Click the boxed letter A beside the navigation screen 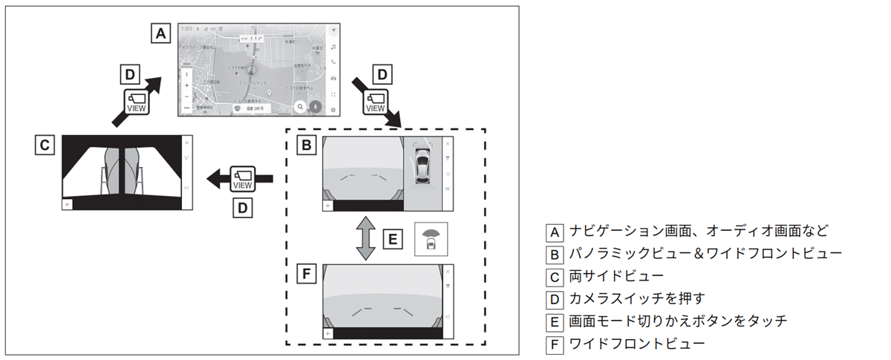click(x=161, y=33)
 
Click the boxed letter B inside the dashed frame click(x=304, y=145)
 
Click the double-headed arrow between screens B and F click(x=364, y=238)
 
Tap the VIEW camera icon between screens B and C click(x=242, y=179)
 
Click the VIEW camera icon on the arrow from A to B click(x=376, y=101)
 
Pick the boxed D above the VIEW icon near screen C click(x=130, y=74)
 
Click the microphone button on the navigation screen click(x=316, y=107)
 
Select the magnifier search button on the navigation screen click(x=300, y=107)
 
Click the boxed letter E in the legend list click(x=553, y=322)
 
